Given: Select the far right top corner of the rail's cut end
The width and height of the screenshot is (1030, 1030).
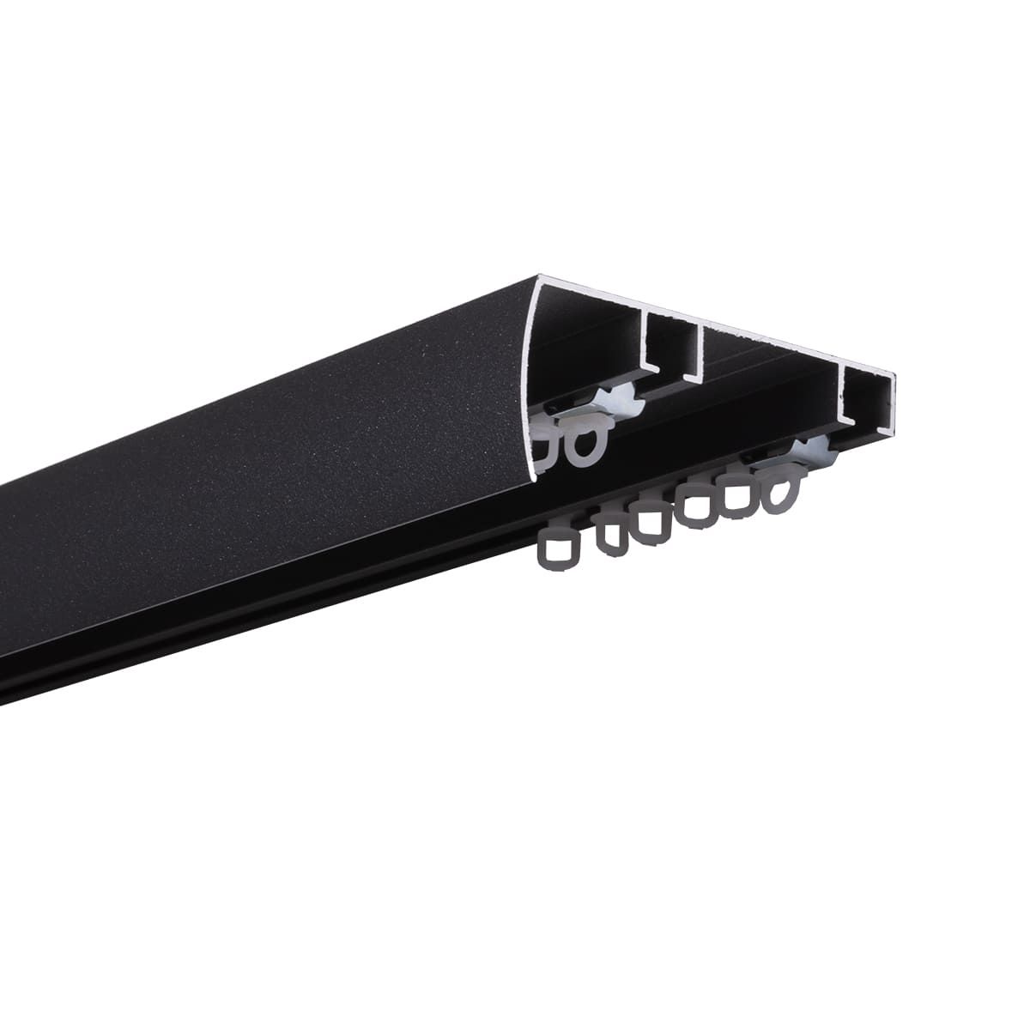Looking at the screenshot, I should click(x=894, y=375).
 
